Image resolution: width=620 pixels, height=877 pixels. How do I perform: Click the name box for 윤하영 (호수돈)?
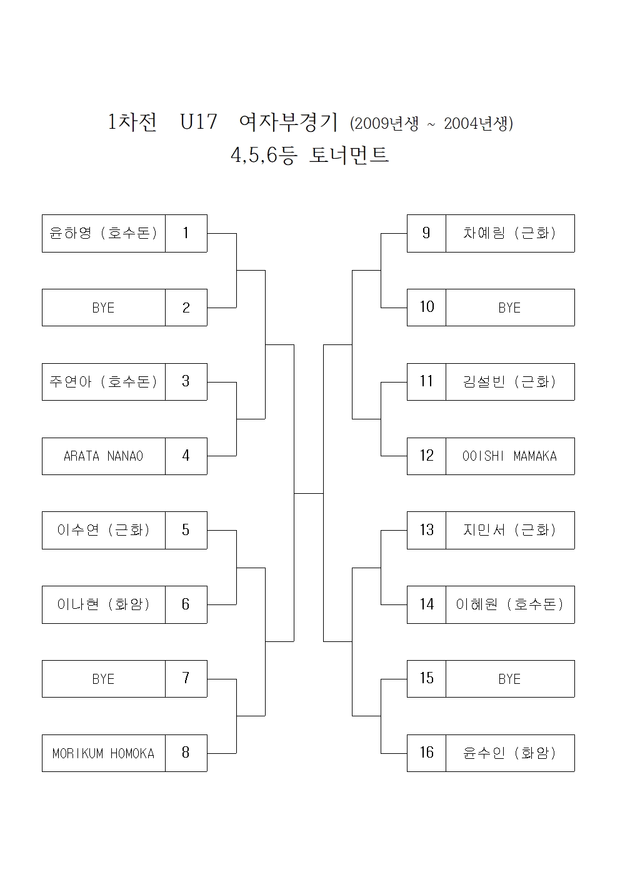coord(104,233)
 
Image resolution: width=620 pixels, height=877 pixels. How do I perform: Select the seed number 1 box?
coord(186,233)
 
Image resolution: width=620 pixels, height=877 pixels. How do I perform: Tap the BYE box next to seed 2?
coord(104,308)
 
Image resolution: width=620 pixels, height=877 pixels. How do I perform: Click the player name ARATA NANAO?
coord(104,456)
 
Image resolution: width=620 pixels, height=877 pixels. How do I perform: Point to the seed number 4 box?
coord(186,456)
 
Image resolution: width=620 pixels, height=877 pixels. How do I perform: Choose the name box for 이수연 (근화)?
coord(104,530)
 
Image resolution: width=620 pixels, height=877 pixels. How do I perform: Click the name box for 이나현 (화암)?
coord(104,604)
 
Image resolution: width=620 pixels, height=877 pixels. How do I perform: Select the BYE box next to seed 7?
coord(104,679)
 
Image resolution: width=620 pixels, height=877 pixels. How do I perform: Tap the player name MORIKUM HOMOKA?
coord(104,753)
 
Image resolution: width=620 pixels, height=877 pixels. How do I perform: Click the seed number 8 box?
coord(186,753)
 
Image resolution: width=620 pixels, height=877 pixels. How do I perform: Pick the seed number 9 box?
coord(426,233)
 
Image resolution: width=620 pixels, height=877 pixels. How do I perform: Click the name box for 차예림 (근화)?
coord(509,233)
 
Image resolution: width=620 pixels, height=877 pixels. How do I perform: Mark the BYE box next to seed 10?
coord(509,308)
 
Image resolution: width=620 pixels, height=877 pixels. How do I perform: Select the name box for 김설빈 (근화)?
coord(509,382)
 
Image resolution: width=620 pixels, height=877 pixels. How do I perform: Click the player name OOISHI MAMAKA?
coord(509,456)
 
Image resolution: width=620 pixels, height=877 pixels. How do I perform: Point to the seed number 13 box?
coord(426,530)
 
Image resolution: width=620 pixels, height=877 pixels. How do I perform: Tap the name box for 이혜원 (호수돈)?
coord(509,604)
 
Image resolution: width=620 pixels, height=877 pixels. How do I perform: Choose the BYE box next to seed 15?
coord(509,679)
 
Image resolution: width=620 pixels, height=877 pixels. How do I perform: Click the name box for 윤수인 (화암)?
coord(509,753)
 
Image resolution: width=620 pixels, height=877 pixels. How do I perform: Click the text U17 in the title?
coord(198,122)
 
